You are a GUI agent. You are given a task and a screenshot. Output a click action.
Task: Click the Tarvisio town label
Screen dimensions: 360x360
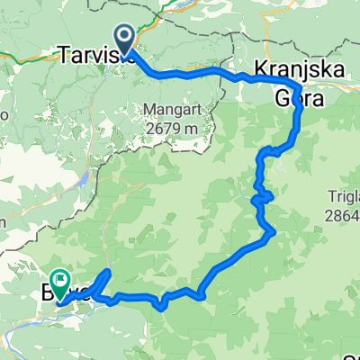pyautogui.click(x=97, y=54)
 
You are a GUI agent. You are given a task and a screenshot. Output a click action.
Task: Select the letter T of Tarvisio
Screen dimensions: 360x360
pyautogui.click(x=65, y=54)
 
